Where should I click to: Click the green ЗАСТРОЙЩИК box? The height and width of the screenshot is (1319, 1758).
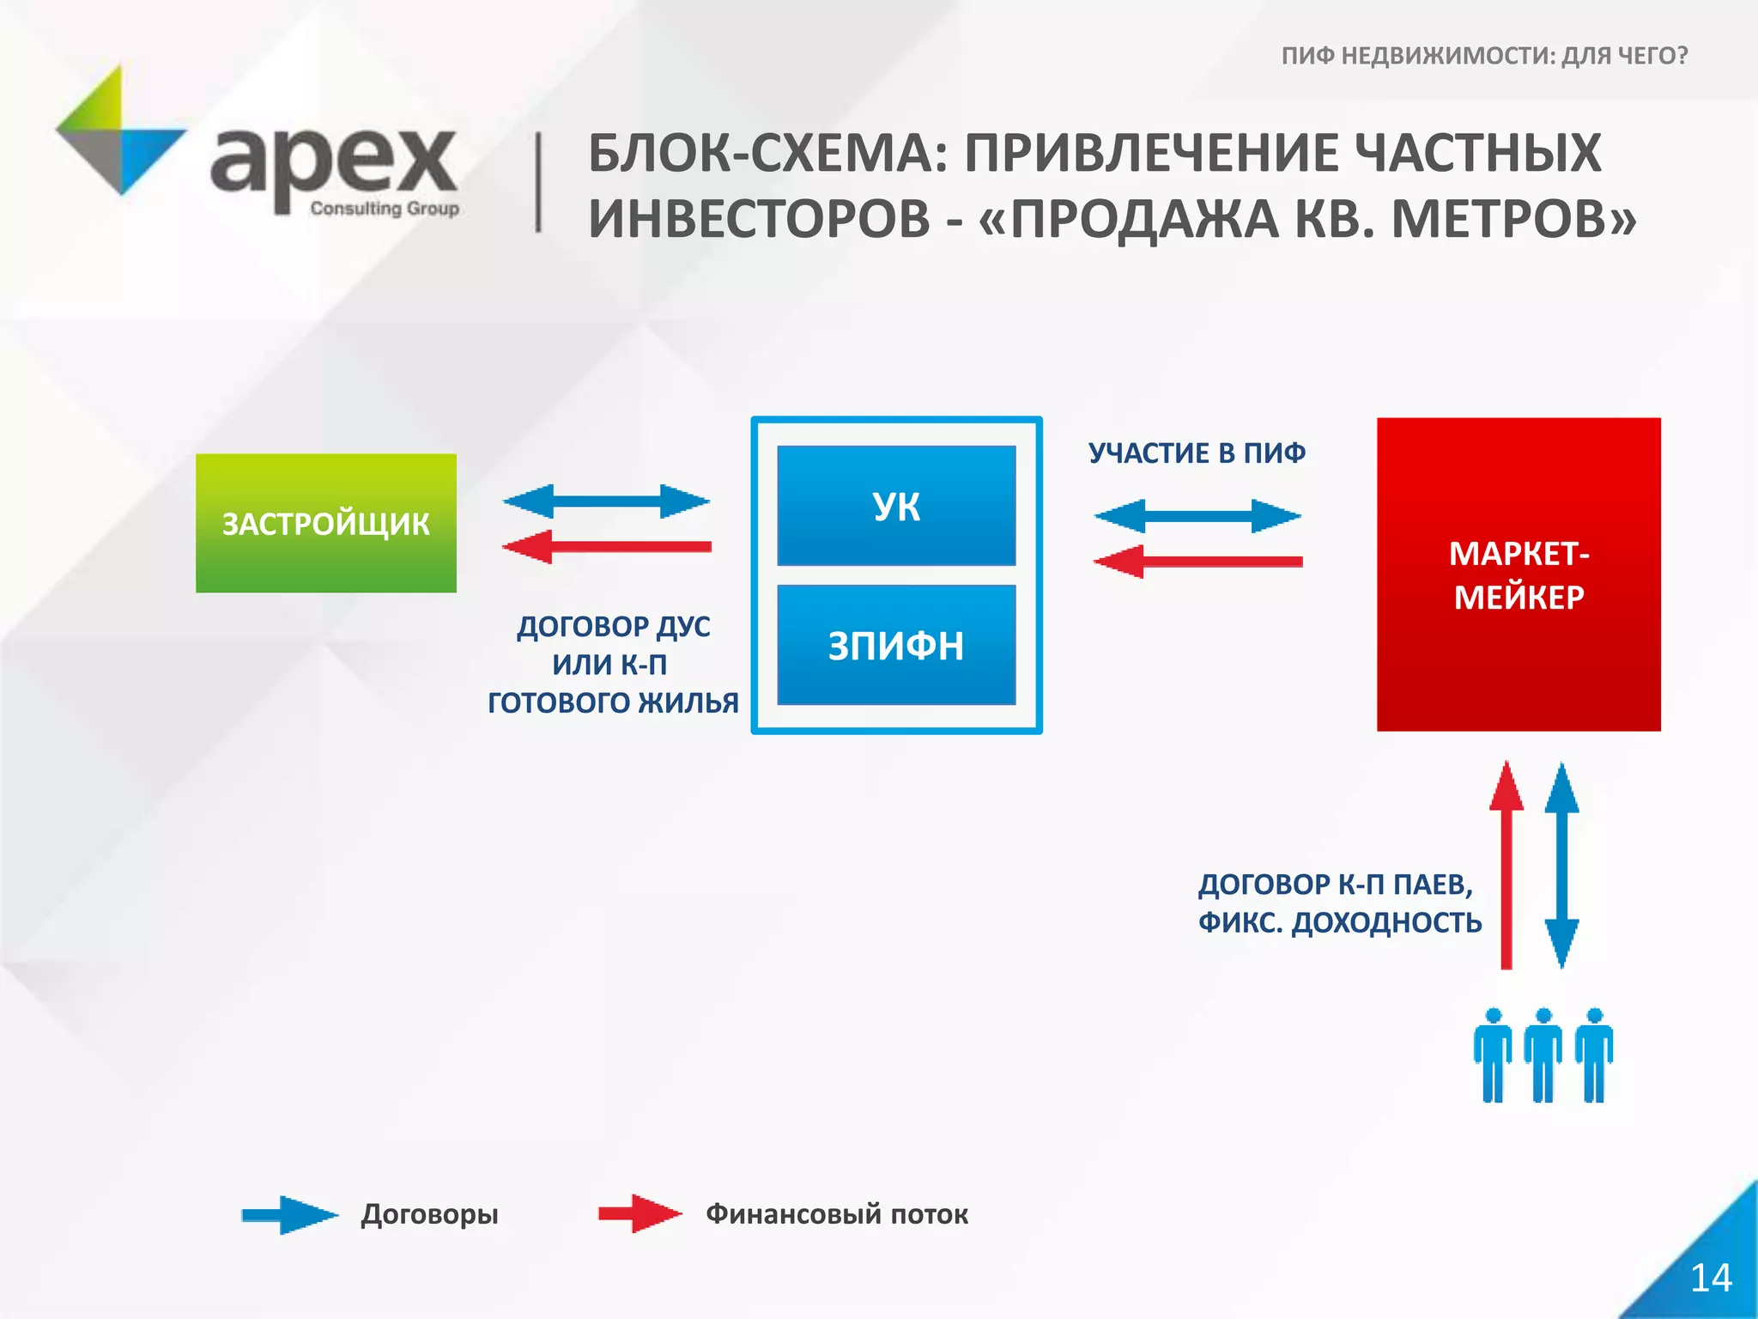pyautogui.click(x=325, y=523)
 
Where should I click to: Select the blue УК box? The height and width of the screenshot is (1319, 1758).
pyautogui.click(x=896, y=506)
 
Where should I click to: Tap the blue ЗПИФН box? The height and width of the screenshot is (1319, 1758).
pyautogui.click(x=896, y=646)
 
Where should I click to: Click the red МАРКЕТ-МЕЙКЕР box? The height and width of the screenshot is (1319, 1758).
pyautogui.click(x=1519, y=574)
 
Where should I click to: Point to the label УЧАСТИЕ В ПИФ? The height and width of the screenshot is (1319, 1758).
pyautogui.click(x=1197, y=453)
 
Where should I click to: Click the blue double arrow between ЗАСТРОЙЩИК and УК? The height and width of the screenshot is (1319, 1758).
pyautogui.click(x=606, y=501)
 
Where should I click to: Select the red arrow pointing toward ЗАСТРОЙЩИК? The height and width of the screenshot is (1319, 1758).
pyautogui.click(x=606, y=547)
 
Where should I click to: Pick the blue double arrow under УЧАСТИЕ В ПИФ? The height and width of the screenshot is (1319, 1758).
pyautogui.click(x=1197, y=516)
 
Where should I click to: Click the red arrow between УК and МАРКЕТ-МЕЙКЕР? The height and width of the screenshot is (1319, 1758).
pyautogui.click(x=1197, y=562)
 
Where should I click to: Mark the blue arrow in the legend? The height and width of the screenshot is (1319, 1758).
pyautogui.click(x=289, y=1214)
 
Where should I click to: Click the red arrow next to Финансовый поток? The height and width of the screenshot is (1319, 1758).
pyautogui.click(x=640, y=1213)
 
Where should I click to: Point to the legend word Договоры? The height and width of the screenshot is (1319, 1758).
pyautogui.click(x=429, y=1214)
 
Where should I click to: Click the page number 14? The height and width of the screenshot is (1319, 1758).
pyautogui.click(x=1710, y=1278)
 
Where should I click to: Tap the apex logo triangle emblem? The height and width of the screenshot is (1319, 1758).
pyautogui.click(x=120, y=131)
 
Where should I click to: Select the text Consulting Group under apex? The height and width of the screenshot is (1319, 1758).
pyautogui.click(x=385, y=209)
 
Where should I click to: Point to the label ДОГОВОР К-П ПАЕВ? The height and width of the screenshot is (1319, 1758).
pyautogui.click(x=1335, y=884)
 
